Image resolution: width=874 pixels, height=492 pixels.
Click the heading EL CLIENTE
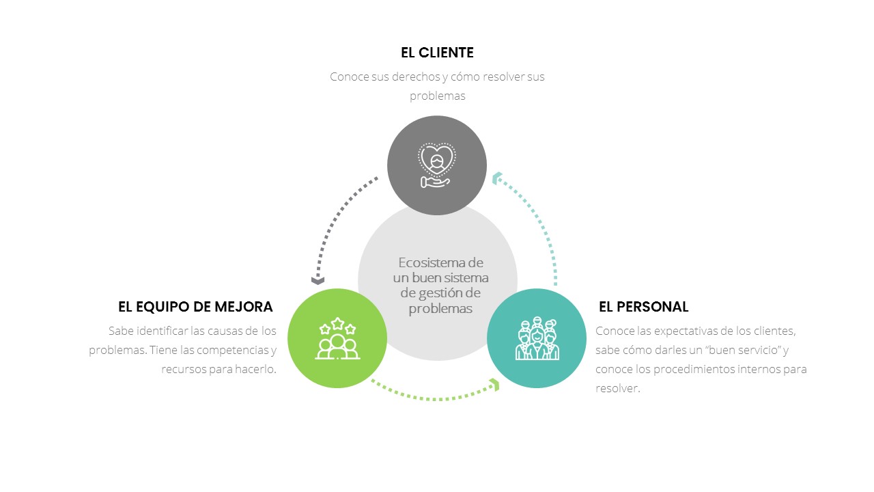(x=437, y=53)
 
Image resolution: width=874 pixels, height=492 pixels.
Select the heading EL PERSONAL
(x=643, y=307)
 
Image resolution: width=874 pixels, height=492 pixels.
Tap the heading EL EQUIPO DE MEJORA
(x=195, y=307)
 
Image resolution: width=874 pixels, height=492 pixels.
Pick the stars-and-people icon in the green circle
(x=337, y=338)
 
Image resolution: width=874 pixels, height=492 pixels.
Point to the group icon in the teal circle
(x=537, y=338)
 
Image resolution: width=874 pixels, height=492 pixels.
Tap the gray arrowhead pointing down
(x=318, y=280)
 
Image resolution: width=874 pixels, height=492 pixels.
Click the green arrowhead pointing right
(x=495, y=385)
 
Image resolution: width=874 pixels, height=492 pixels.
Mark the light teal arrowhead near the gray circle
(x=496, y=178)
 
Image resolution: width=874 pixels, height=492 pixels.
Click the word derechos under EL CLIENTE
(x=416, y=77)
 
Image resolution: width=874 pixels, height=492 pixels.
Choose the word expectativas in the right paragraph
(x=689, y=331)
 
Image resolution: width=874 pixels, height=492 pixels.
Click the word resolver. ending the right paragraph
(x=617, y=389)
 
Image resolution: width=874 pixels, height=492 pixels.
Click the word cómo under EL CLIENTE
(x=466, y=77)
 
